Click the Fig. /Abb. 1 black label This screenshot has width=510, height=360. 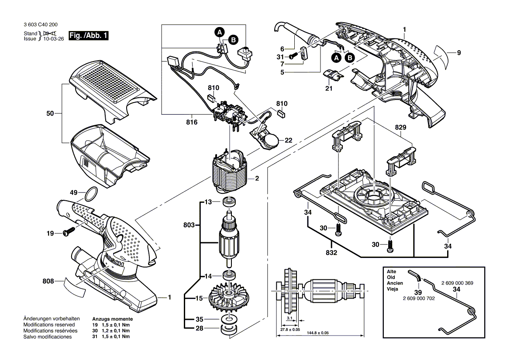click(x=88, y=36)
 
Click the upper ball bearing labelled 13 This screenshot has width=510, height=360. click(x=229, y=202)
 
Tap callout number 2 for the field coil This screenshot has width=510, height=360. click(x=258, y=178)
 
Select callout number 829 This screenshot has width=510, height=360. click(x=400, y=128)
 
